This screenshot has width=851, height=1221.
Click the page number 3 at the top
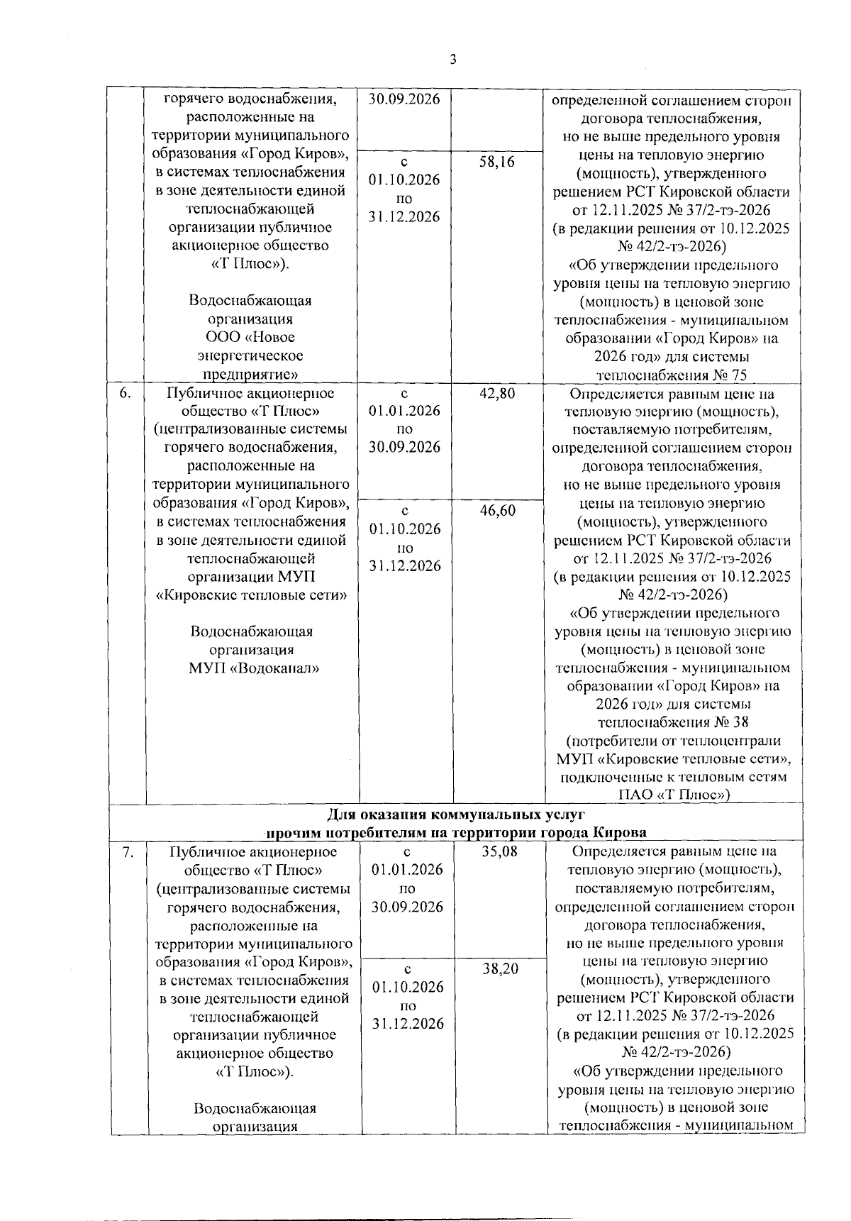(453, 60)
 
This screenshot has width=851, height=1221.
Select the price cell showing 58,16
(497, 162)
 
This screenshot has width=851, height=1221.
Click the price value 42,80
(497, 394)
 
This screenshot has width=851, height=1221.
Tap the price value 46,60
(497, 511)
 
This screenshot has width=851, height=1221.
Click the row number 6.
(124, 394)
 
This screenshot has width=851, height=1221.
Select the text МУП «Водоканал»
(254, 668)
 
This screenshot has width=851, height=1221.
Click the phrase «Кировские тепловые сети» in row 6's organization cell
(251, 595)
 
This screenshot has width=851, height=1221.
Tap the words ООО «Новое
(250, 337)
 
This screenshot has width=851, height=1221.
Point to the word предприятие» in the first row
(250, 374)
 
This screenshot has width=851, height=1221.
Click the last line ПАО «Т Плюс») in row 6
(672, 795)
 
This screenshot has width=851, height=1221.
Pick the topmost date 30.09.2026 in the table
(404, 99)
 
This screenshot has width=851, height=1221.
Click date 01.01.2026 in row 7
(407, 870)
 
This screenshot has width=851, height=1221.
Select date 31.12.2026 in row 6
(404, 566)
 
